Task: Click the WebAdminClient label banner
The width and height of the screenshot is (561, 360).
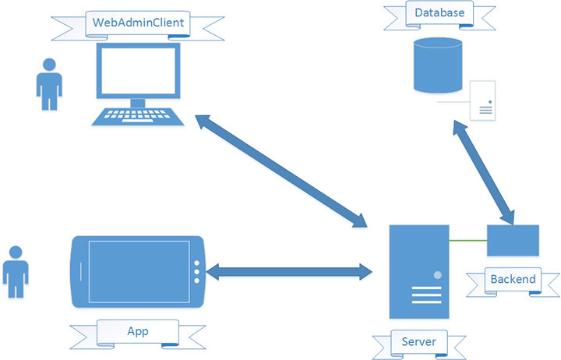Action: (138, 23)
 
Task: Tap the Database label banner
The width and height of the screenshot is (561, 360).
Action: (439, 13)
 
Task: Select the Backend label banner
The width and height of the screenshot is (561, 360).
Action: (513, 279)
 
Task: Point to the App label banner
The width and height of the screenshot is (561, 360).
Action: (138, 331)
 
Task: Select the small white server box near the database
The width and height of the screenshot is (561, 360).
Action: (482, 101)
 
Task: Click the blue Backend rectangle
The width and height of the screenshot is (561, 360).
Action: (513, 240)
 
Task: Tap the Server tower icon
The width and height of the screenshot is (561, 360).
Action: (418, 274)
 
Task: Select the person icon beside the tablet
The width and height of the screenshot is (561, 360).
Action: (15, 270)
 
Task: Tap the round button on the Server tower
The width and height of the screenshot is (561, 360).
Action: (437, 276)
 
